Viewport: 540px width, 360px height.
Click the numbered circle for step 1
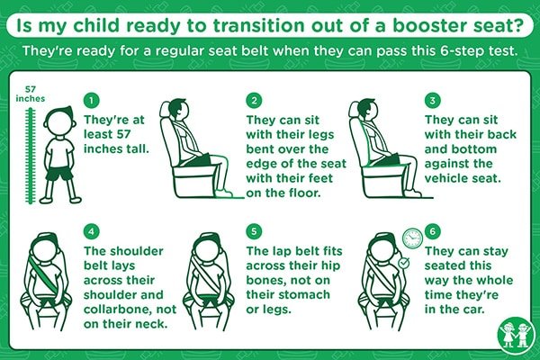(91, 101)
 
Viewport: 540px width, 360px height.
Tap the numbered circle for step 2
(254, 101)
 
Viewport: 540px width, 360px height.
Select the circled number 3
(433, 101)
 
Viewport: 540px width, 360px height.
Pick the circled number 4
(91, 231)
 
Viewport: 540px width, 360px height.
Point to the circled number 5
(254, 231)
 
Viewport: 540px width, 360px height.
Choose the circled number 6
(433, 231)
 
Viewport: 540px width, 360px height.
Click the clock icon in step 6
(412, 238)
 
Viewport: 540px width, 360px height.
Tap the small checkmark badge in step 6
(403, 263)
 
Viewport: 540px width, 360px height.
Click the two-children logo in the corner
(516, 335)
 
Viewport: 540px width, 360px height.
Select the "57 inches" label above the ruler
(31, 94)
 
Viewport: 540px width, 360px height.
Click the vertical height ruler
(31, 156)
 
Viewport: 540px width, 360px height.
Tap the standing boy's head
(60, 121)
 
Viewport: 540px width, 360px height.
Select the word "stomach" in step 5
(304, 294)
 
